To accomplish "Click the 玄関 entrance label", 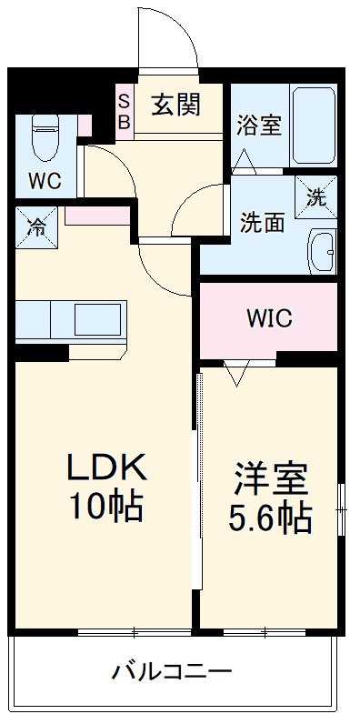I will click(175, 105).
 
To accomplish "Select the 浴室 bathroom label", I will click(258, 126).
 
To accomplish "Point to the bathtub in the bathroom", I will click(314, 125).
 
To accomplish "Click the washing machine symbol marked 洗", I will click(315, 196).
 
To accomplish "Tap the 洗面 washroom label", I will click(263, 223).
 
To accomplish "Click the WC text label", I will click(44, 180).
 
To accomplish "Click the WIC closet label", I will click(268, 319).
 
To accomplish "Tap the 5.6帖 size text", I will click(269, 518).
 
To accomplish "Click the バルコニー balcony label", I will click(172, 673).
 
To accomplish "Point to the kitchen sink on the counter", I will click(96, 321).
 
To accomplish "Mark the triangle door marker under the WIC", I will click(237, 373).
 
